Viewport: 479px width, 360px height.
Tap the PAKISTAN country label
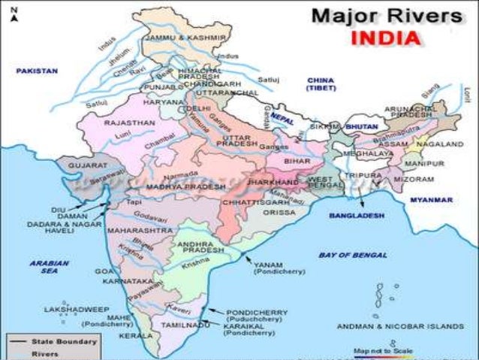(37, 71)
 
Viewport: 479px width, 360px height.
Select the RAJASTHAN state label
(130, 122)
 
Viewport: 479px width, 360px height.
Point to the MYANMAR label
(432, 200)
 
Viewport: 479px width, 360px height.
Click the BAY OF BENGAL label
(345, 256)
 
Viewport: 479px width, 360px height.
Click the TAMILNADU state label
(179, 325)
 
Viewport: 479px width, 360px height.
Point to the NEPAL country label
(282, 120)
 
